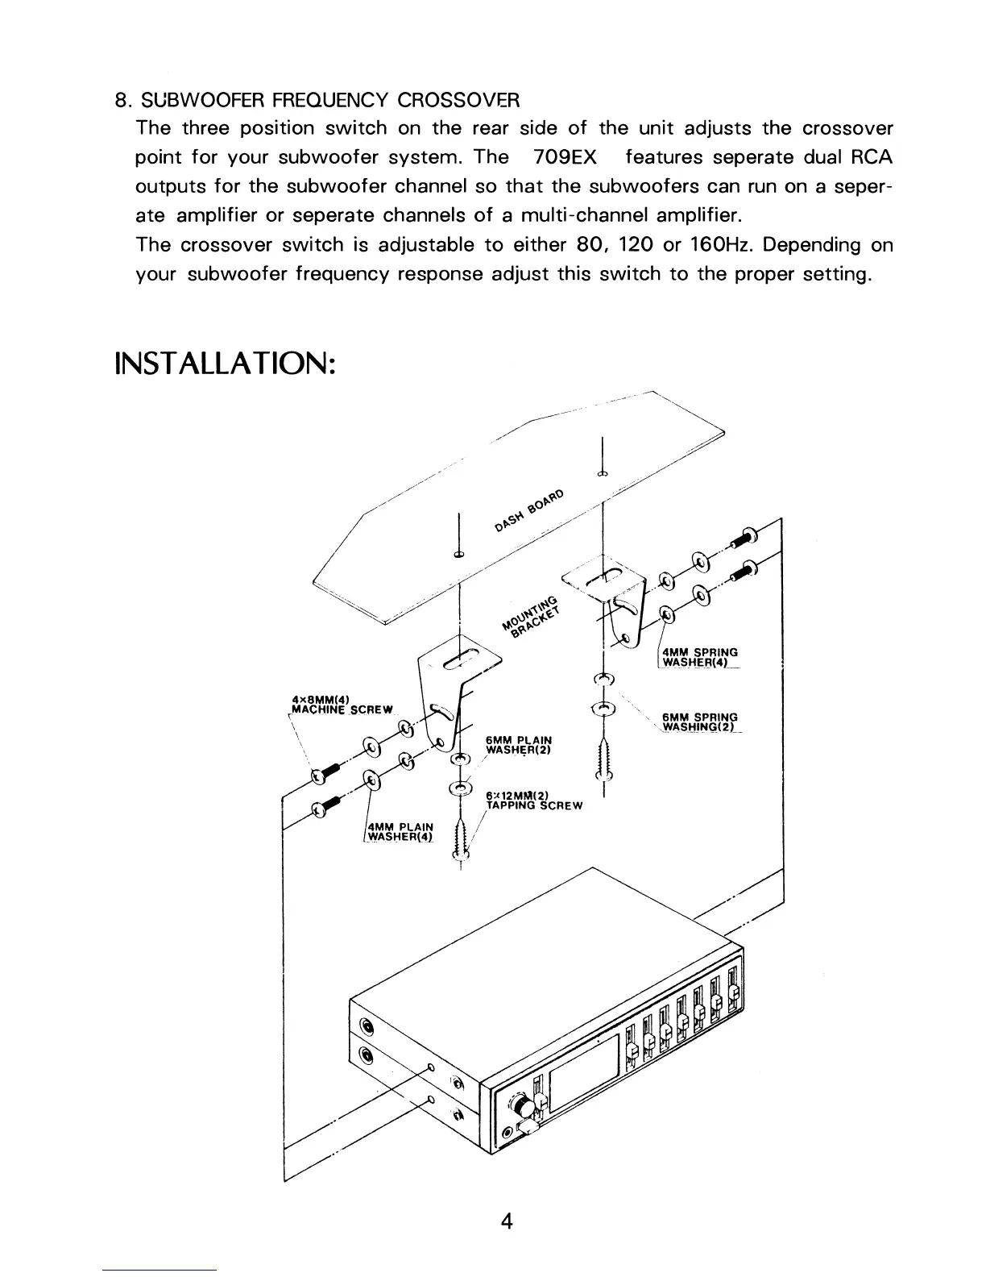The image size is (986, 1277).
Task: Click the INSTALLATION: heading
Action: (x=225, y=362)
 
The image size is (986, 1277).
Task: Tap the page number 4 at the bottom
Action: (x=507, y=1221)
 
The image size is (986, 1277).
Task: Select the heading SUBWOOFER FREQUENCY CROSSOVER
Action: (x=329, y=101)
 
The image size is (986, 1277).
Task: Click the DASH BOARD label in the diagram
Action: (x=531, y=511)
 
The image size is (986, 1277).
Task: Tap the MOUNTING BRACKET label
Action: (x=530, y=616)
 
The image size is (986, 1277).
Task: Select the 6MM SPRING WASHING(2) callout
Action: (x=699, y=722)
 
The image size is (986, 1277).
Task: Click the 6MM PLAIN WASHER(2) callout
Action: (x=519, y=742)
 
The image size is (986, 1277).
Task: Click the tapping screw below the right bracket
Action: (x=603, y=759)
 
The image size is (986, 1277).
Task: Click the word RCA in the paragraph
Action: (x=872, y=157)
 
